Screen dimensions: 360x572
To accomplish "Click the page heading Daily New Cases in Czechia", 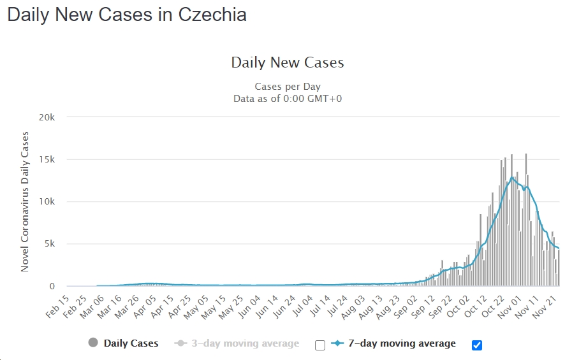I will pyautogui.click(x=127, y=15).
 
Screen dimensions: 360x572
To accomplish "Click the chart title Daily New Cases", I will pyautogui.click(x=287, y=62).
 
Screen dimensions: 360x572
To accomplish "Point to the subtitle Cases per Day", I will pyautogui.click(x=287, y=86).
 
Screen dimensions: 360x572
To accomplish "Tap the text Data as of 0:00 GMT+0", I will pyautogui.click(x=287, y=98).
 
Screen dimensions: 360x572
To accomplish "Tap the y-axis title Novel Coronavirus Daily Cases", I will pyautogui.click(x=25, y=201).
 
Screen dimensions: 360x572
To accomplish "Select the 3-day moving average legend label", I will pyautogui.click(x=246, y=343).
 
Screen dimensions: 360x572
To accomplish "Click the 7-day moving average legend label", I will pyautogui.click(x=402, y=343).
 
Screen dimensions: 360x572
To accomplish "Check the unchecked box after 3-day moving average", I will pyautogui.click(x=320, y=345).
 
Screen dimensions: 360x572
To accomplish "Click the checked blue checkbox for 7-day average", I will pyautogui.click(x=477, y=345).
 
